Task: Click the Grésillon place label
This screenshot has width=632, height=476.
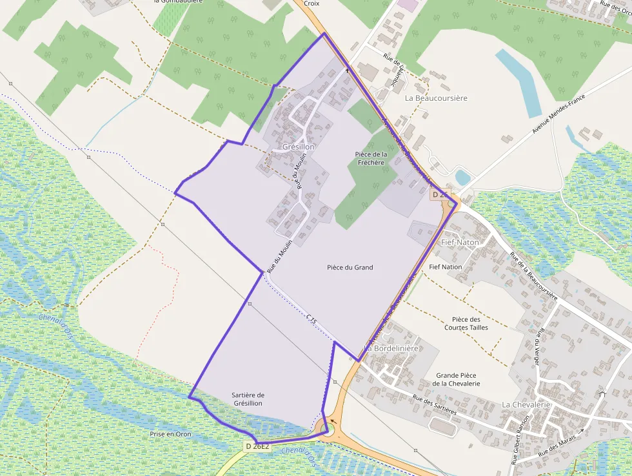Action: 299,147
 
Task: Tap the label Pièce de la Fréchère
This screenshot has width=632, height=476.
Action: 371,158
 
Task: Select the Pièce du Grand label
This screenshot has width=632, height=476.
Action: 350,267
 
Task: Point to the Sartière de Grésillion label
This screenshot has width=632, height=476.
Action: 248,399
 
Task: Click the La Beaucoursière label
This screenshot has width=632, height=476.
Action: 436,98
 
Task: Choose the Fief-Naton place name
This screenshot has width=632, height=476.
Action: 460,242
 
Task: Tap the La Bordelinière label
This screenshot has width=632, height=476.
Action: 391,348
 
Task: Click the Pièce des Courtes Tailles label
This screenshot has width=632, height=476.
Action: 466,324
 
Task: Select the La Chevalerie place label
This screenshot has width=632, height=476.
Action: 526,404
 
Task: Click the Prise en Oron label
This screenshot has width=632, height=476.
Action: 171,434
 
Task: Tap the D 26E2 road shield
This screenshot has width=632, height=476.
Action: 257,446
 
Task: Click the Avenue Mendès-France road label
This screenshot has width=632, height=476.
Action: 558,114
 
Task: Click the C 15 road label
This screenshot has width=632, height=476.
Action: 312,319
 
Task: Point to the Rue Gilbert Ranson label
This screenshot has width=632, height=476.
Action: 519,440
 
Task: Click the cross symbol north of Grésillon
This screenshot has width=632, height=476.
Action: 348,70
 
